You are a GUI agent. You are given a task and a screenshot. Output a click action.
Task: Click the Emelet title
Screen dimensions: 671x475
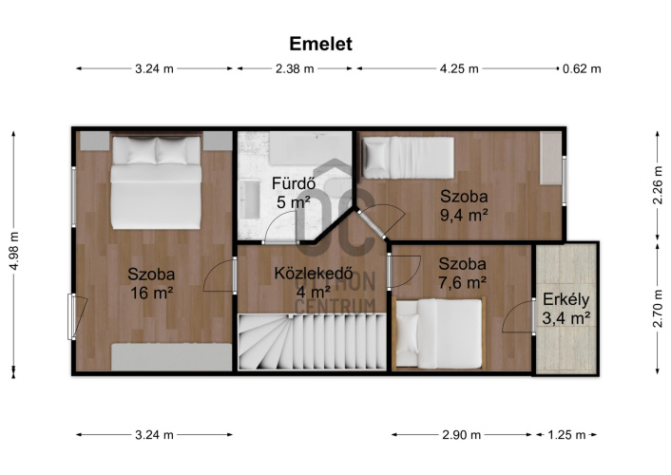point(320,44)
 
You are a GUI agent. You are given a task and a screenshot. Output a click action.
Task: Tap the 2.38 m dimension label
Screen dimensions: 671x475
point(295,68)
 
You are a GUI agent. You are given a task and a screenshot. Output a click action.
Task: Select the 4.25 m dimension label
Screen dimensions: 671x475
point(459,68)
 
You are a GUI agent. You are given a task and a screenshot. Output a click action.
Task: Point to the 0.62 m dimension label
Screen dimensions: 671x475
point(582,68)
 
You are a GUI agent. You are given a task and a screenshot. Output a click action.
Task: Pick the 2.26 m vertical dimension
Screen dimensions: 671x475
point(658,185)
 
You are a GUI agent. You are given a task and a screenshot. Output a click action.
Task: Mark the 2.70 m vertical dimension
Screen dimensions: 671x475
point(658,308)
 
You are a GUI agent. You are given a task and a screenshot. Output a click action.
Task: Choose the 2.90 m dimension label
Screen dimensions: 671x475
point(461,435)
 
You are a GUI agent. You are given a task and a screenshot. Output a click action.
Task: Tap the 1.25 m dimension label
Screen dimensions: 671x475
point(566,435)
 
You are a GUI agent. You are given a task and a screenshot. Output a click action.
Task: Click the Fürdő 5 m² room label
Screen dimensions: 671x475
point(294,193)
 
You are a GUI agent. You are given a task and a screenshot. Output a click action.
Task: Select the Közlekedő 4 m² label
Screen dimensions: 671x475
point(314,282)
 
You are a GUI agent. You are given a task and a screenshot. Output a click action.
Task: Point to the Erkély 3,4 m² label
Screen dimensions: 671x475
point(566,308)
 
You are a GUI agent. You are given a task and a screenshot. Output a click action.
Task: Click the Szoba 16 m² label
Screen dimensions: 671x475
point(151,283)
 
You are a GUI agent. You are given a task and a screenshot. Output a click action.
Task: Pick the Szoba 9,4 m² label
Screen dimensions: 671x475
point(465,205)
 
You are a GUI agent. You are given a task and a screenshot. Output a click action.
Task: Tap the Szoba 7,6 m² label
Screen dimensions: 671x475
point(462,273)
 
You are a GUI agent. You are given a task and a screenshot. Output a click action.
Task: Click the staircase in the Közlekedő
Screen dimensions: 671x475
point(312,341)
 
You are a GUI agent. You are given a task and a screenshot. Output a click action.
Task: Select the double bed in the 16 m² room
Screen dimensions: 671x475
point(156,181)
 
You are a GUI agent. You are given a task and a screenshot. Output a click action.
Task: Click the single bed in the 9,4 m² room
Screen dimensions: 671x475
point(408,158)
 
